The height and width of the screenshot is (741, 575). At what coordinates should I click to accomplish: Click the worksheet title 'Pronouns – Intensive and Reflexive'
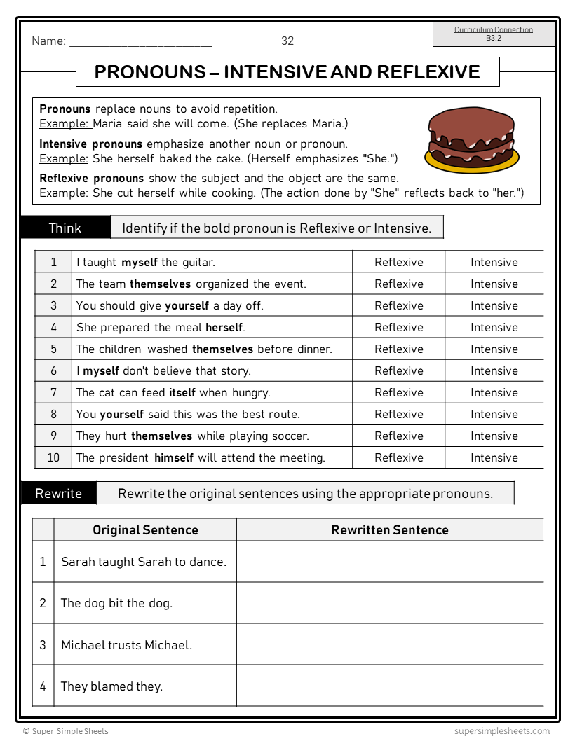click(x=287, y=72)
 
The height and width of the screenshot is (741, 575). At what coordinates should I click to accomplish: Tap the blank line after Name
click(x=140, y=42)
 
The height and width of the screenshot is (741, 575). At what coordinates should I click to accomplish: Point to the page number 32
click(x=287, y=41)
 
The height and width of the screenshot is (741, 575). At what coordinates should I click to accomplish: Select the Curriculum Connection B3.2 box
click(x=494, y=34)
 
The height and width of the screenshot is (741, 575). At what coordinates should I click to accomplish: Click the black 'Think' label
click(x=65, y=228)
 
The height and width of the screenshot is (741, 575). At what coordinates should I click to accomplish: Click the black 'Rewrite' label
click(x=59, y=493)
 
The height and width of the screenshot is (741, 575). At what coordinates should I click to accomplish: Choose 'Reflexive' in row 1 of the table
click(x=399, y=262)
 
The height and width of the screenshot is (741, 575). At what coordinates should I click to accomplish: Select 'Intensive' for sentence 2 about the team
click(x=494, y=284)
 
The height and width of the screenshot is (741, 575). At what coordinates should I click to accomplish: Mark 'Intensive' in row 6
click(x=494, y=370)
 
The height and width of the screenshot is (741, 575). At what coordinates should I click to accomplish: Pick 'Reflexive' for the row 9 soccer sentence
click(x=399, y=436)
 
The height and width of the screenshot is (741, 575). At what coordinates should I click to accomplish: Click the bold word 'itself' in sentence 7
click(x=182, y=392)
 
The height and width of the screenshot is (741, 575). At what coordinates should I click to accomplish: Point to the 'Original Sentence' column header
click(x=146, y=529)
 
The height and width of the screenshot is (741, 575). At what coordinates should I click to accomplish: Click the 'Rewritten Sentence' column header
click(x=390, y=529)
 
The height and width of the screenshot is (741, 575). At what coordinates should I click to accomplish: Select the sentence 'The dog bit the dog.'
click(x=116, y=603)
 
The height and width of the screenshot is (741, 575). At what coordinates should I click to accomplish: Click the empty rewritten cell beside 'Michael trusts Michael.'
click(x=390, y=644)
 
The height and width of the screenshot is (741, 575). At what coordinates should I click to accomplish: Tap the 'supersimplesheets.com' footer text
click(x=502, y=730)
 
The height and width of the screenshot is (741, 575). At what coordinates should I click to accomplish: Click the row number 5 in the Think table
click(x=53, y=349)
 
